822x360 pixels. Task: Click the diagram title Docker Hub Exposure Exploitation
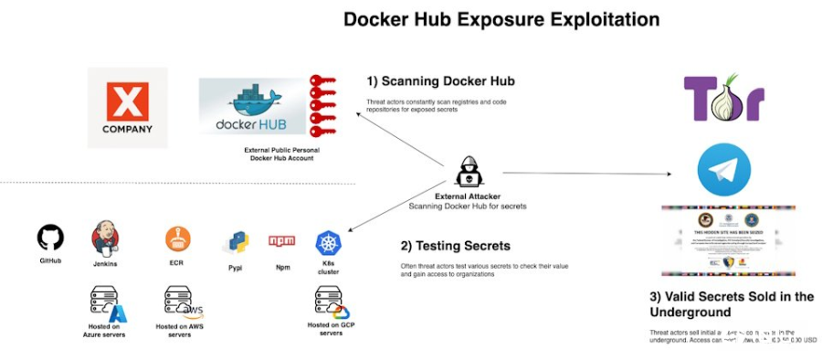[501, 19]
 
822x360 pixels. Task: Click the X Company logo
[127, 107]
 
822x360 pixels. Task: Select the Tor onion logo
[723, 99]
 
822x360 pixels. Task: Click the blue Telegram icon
[723, 171]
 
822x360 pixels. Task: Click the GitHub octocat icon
[50, 238]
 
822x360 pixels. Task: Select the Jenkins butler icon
[105, 238]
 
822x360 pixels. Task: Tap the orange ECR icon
[178, 239]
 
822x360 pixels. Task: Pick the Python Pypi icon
[236, 243]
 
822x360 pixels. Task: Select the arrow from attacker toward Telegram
[585, 173]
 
